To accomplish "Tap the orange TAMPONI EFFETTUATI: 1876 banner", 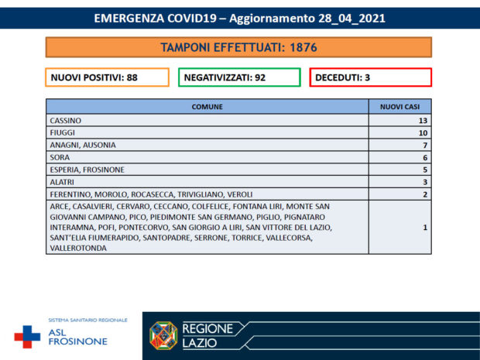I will (x=238, y=47).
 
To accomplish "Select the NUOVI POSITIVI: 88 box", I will (x=107, y=77).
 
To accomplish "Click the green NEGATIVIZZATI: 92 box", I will (x=239, y=77).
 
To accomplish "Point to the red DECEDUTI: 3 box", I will (x=370, y=77).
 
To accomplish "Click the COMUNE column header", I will (x=207, y=108).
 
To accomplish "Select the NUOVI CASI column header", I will (x=399, y=108).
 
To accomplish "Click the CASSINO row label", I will (x=65, y=121).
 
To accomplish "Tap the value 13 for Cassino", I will (x=422, y=121).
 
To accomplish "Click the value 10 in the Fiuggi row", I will (x=422, y=133).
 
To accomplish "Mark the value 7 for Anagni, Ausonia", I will (x=424, y=146).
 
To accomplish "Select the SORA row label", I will (x=59, y=157).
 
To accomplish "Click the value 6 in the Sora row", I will (x=424, y=157).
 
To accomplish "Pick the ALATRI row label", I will (x=62, y=182).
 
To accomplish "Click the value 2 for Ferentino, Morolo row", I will (x=424, y=194).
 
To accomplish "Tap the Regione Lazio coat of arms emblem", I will (x=163, y=335).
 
